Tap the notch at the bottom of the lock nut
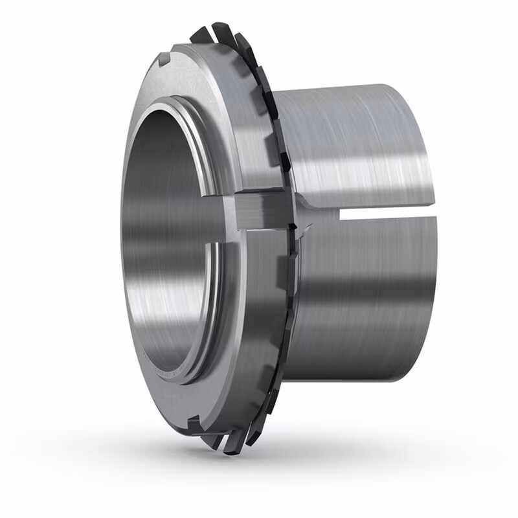[x=193, y=425]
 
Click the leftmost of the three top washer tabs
[x=199, y=34]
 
